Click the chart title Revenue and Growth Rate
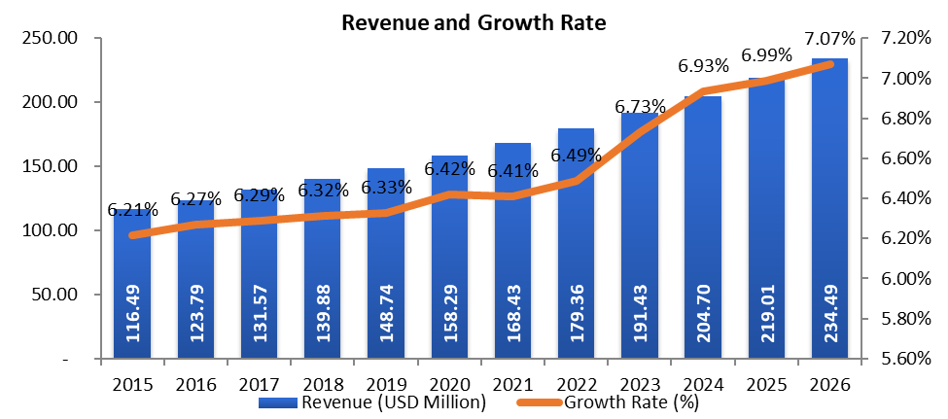(474, 24)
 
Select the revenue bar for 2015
(131, 292)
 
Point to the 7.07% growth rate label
(829, 40)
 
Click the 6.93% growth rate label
(704, 67)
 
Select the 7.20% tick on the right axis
(905, 38)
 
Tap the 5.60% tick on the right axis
(905, 358)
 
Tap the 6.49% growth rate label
(576, 156)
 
